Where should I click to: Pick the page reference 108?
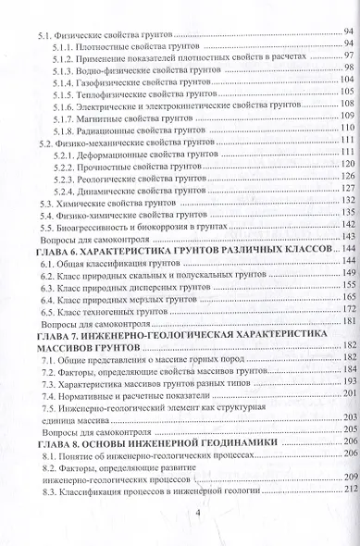(x=346, y=117)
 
